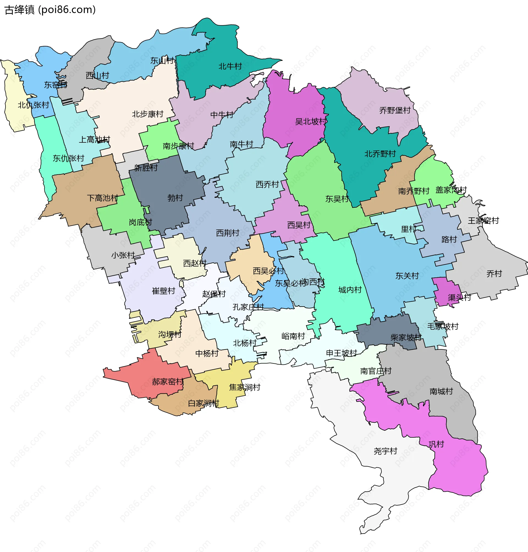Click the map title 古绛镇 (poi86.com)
[50, 10]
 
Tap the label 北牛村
[230, 67]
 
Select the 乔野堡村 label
[395, 110]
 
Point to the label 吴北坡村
[311, 122]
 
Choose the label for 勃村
[175, 198]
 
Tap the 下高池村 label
[103, 198]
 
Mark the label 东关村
[407, 276]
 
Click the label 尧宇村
[385, 451]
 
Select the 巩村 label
[436, 444]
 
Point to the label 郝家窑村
[167, 382]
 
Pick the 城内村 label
[350, 290]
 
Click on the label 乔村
[494, 274]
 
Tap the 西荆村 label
[227, 233]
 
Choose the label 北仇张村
[33, 105]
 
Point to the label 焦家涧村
[244, 387]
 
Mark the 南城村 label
[441, 391]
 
